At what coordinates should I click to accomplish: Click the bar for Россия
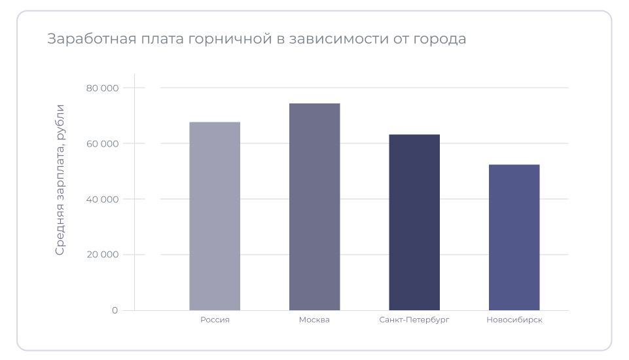click(215, 216)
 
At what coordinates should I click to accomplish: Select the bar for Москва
click(314, 207)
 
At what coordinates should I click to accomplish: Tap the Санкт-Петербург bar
click(414, 222)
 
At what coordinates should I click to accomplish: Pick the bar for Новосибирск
click(514, 237)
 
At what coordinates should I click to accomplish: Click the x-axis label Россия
click(215, 320)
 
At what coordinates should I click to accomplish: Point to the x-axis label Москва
click(314, 320)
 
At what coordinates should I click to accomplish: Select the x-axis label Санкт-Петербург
click(414, 320)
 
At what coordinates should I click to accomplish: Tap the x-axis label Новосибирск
click(514, 320)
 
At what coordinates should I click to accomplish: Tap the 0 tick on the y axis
click(115, 310)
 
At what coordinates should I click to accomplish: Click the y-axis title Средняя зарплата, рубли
click(60, 179)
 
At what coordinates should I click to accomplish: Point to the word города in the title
click(439, 39)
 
